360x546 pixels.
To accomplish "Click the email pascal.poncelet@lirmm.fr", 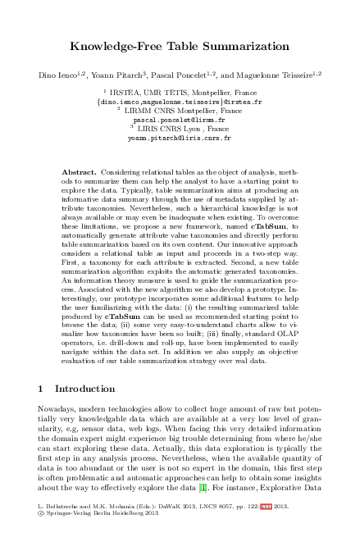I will tap(180, 118).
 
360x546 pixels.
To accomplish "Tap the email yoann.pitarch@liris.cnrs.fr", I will tap(180, 139).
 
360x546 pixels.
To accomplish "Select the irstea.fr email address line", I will tap(180, 99).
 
